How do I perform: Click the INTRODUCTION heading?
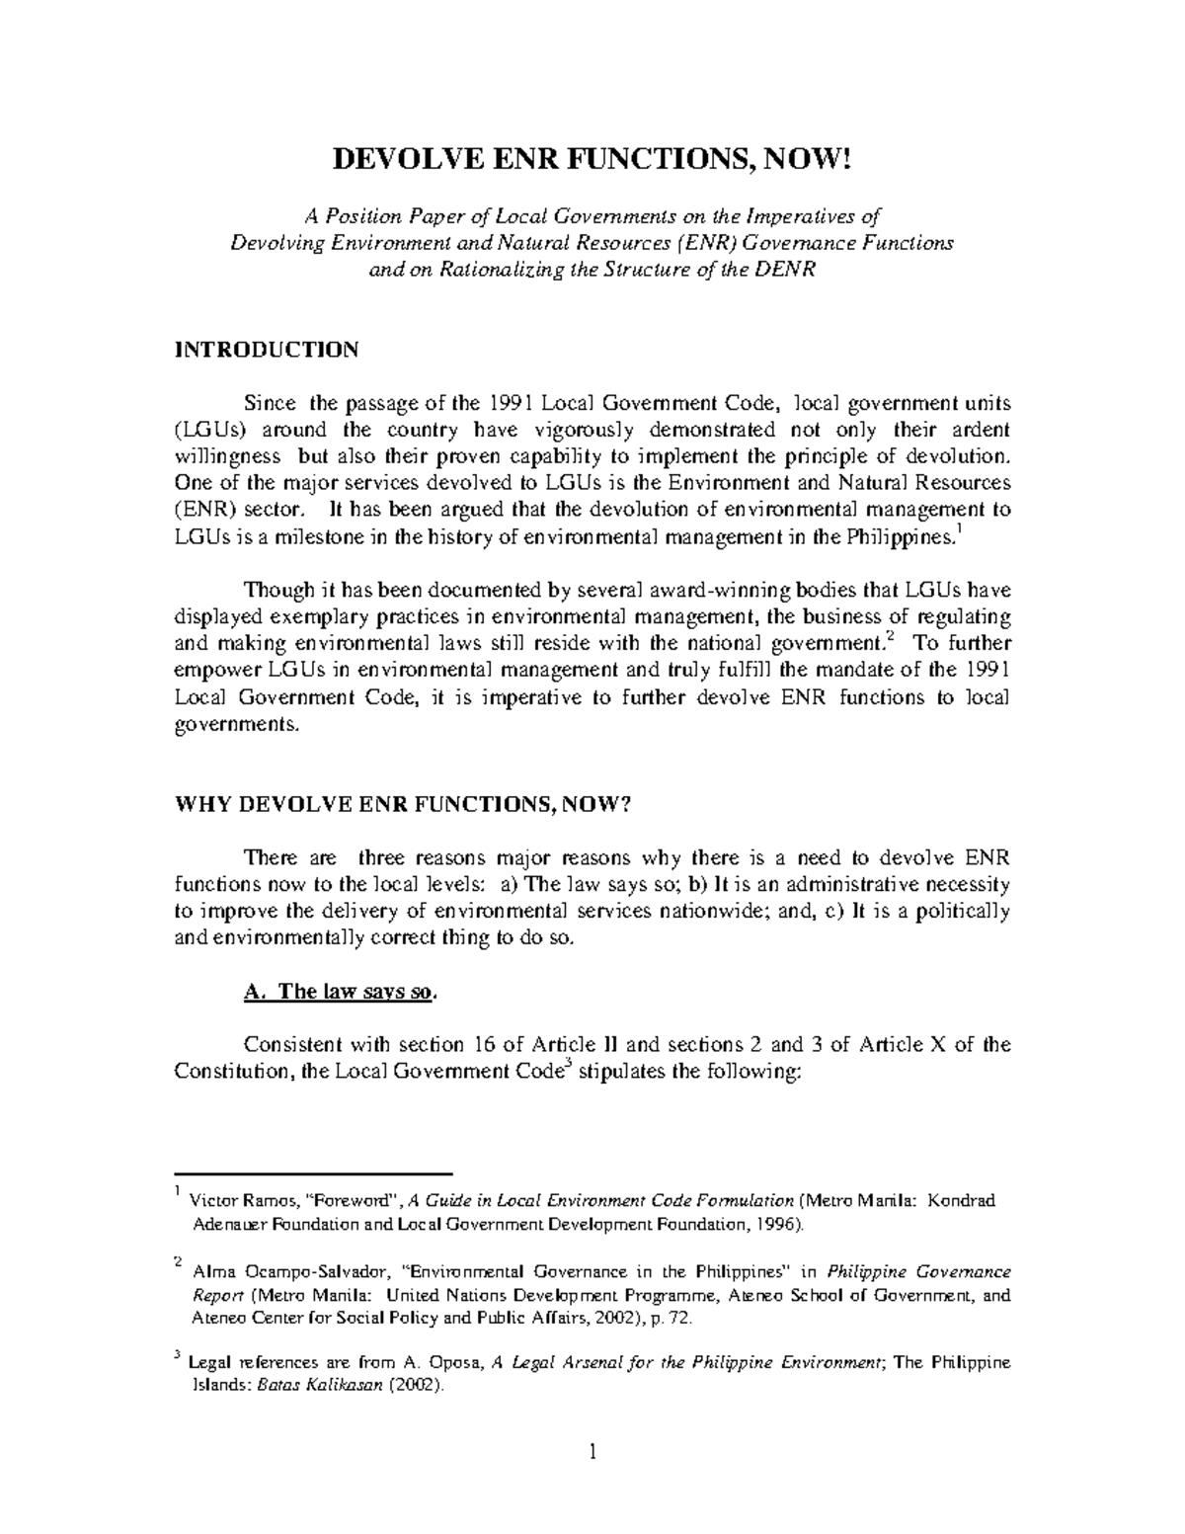[267, 350]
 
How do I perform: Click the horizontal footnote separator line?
[313, 1172]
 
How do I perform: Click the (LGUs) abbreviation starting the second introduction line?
[205, 431]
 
